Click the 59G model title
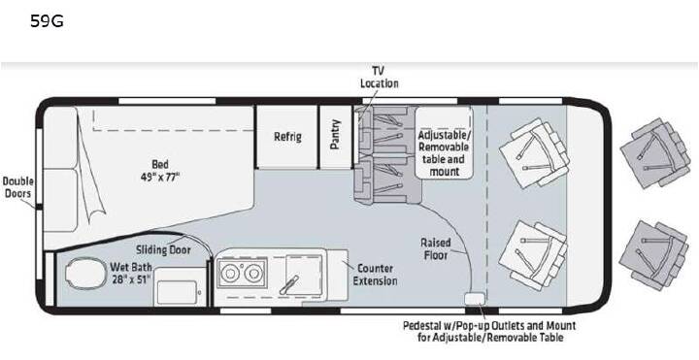pos(47,21)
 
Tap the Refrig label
pos(287,137)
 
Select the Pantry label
pos(335,134)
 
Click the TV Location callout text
pos(379,77)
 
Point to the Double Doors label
pos(17,187)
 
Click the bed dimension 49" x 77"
pos(159,177)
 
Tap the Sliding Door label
pos(163,250)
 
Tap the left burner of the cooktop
pos(230,273)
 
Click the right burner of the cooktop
pos(253,273)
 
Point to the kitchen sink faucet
pos(289,284)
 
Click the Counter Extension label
pos(375,275)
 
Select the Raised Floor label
pos(436,248)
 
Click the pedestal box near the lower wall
pos(474,299)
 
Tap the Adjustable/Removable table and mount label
pos(444,153)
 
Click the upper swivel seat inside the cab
pos(534,152)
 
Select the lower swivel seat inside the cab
pos(533,255)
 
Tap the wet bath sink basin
pos(178,292)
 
